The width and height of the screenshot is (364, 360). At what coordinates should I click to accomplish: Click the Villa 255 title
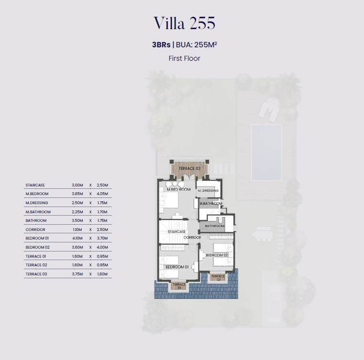(185, 23)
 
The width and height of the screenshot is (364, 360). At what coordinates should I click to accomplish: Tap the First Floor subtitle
(184, 58)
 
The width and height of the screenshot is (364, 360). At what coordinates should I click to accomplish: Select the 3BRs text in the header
(161, 44)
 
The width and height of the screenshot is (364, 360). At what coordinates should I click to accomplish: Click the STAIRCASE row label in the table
(35, 185)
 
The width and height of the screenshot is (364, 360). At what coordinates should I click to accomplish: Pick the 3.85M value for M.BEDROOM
(77, 194)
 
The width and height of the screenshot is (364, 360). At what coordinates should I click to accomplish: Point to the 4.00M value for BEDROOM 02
(102, 247)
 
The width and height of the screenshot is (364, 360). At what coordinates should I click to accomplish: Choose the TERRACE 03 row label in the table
(36, 274)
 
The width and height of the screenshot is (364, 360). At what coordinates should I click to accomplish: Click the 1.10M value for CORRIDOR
(77, 229)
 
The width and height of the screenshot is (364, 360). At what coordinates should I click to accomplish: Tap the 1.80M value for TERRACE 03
(102, 274)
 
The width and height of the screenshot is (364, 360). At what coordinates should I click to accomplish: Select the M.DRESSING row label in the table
(37, 203)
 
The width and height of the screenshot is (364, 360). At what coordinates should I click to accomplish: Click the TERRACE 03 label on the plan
(189, 168)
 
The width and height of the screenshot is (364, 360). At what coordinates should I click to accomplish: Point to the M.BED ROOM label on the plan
(179, 189)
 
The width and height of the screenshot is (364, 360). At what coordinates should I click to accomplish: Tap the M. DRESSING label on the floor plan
(208, 191)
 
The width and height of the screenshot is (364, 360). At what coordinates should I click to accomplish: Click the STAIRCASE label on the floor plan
(176, 231)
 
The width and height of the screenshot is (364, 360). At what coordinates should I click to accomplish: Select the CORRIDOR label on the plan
(192, 238)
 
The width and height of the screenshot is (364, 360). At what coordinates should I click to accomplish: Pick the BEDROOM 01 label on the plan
(177, 267)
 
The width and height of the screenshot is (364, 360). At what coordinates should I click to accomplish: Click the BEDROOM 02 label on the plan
(217, 255)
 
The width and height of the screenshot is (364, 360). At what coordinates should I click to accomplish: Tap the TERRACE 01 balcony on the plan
(179, 285)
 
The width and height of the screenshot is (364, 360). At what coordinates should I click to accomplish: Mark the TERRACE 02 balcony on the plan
(218, 277)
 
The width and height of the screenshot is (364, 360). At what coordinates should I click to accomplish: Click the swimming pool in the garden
(266, 153)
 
